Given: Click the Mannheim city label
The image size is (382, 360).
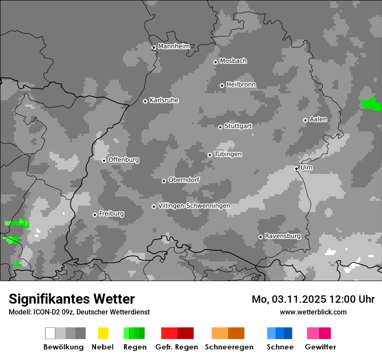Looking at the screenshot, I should click(x=174, y=46).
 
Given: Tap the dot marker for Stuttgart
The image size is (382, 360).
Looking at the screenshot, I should click(x=220, y=127).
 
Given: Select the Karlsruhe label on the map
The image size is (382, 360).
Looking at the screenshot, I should click(x=164, y=100).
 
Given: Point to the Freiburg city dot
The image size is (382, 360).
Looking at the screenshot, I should click(x=95, y=215).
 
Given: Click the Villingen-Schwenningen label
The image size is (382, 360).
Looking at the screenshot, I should click(x=194, y=206).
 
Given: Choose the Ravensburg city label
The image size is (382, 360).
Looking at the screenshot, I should click(x=283, y=236).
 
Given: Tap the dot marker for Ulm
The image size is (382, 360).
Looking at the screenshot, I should click(x=296, y=168).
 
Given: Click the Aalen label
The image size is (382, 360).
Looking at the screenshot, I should click(x=318, y=119).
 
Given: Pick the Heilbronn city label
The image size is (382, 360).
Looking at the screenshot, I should click(x=241, y=85).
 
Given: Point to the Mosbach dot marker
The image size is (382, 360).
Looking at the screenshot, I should click(x=215, y=62).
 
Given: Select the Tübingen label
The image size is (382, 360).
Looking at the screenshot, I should click(x=228, y=154).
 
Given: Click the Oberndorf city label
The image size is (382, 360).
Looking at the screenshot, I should click(x=184, y=180).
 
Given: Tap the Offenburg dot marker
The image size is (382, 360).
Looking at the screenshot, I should click(x=104, y=160).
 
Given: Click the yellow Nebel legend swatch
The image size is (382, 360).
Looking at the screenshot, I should click(x=103, y=333).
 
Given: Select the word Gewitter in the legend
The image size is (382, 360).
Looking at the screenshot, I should click(x=320, y=347).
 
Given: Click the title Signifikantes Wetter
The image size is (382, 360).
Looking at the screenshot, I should click(x=72, y=299).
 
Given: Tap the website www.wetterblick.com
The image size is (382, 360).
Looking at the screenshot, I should click(x=313, y=312).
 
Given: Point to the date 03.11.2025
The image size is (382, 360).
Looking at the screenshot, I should click(x=293, y=299).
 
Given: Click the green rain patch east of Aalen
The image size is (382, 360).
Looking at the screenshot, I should click(x=371, y=104).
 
